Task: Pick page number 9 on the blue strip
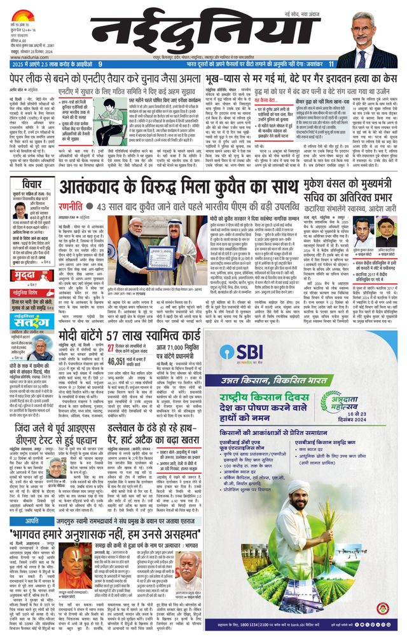click(x=100, y=64)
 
